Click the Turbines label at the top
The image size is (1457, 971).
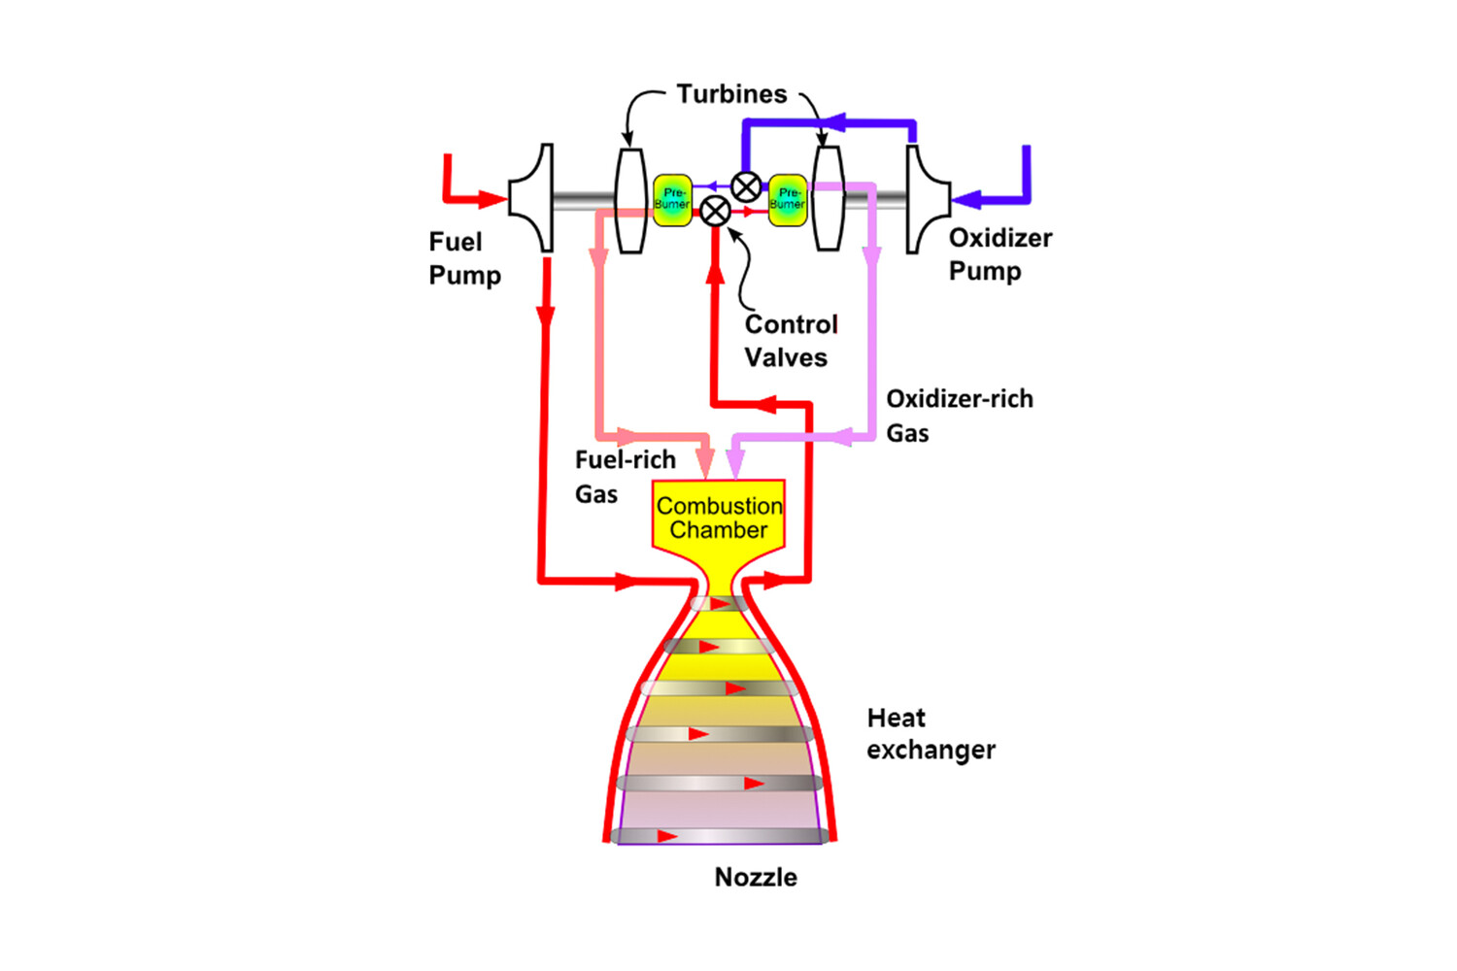click(x=731, y=94)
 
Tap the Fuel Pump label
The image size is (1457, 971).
click(x=464, y=258)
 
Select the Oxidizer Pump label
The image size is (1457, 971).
click(x=1000, y=254)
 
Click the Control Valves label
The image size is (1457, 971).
click(x=791, y=341)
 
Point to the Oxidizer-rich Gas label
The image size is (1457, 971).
click(x=960, y=416)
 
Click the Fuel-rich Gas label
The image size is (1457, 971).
click(x=626, y=477)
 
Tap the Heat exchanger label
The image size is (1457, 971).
click(x=931, y=734)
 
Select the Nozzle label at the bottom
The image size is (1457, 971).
click(x=756, y=878)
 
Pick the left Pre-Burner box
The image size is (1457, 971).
click(x=672, y=200)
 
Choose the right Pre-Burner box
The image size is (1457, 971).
click(x=788, y=200)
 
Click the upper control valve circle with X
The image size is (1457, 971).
click(x=746, y=187)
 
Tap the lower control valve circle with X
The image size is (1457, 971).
click(x=716, y=212)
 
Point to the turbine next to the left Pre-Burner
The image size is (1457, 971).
click(x=630, y=200)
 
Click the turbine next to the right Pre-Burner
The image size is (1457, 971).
click(x=829, y=198)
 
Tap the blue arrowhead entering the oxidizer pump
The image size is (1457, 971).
click(x=966, y=199)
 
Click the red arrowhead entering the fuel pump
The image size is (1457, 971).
click(x=492, y=199)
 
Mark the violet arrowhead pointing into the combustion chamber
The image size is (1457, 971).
click(x=735, y=464)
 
